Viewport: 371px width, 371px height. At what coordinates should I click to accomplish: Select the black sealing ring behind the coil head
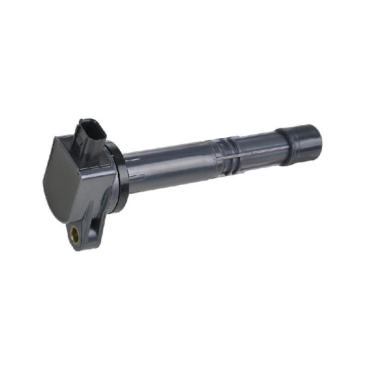[x=120, y=179]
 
